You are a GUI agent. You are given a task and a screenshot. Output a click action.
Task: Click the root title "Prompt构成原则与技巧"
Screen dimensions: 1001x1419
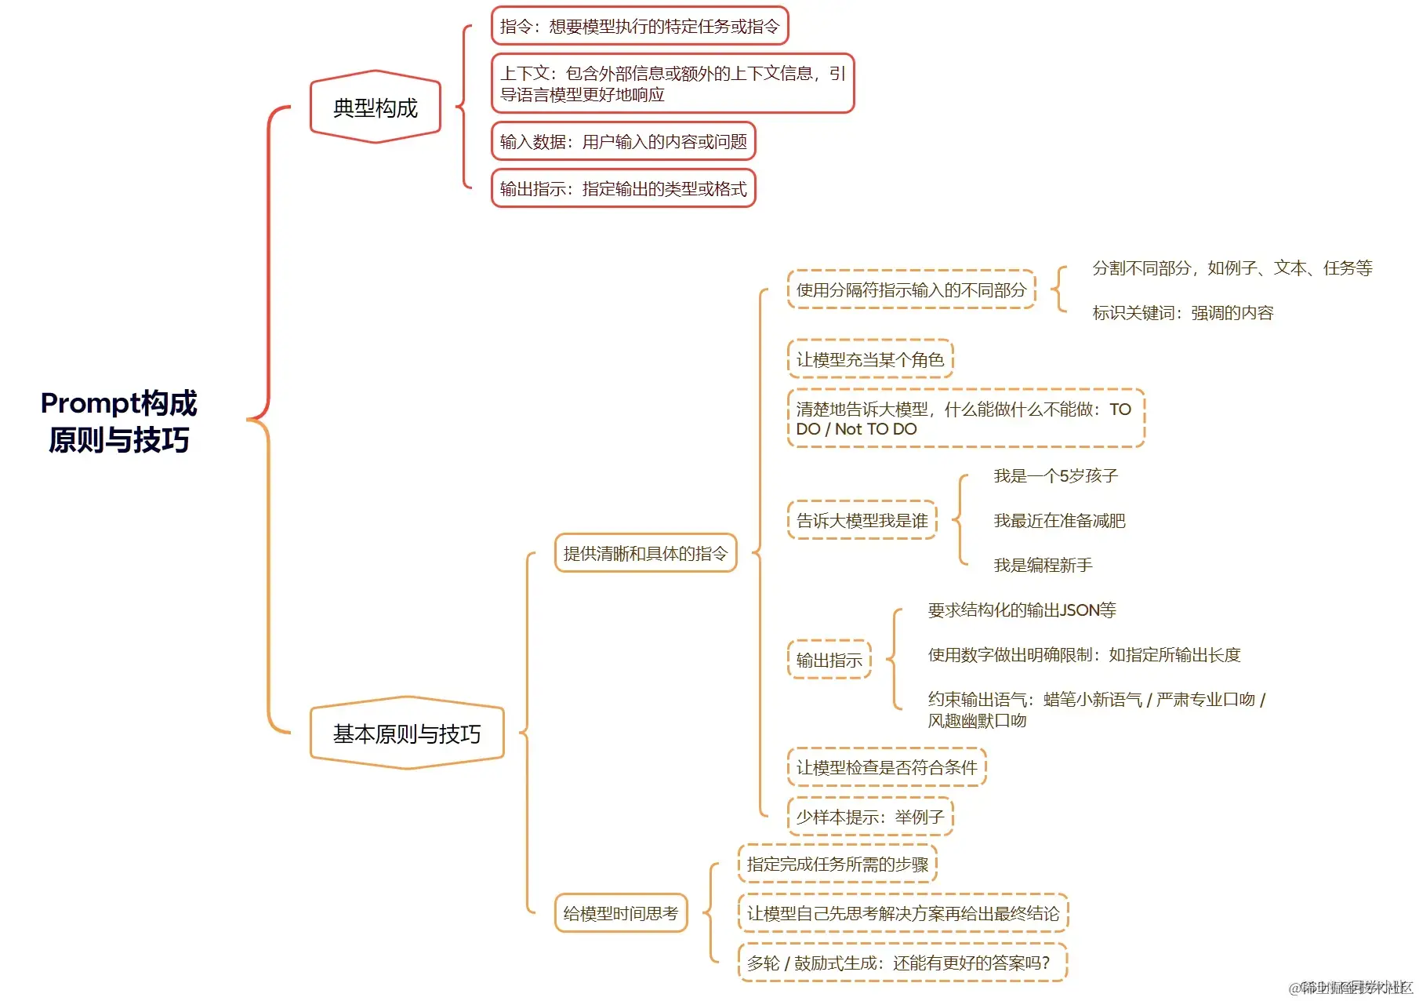click(x=118, y=421)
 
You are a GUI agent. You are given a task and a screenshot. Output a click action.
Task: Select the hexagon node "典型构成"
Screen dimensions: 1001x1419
click(x=376, y=107)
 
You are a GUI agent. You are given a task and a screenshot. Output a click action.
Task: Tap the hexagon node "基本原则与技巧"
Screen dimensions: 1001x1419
click(x=407, y=733)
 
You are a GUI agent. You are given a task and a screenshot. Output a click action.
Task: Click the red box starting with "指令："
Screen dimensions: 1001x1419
click(x=639, y=27)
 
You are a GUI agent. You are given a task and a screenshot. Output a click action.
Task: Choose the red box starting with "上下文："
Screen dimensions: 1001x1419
click(x=672, y=84)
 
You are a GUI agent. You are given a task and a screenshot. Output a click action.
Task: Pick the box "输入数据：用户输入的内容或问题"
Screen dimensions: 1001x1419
click(x=623, y=142)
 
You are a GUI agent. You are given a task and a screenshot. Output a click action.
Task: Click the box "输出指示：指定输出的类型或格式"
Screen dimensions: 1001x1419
click(x=623, y=189)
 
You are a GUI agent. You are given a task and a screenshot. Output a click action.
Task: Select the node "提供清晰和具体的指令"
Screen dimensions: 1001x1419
click(x=645, y=554)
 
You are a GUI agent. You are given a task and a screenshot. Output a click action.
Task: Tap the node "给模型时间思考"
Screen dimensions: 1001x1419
click(x=620, y=913)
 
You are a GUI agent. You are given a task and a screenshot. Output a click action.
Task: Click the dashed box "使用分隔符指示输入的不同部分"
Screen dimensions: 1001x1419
click(x=911, y=290)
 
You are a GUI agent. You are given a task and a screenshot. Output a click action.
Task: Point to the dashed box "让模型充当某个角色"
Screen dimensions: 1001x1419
click(x=869, y=360)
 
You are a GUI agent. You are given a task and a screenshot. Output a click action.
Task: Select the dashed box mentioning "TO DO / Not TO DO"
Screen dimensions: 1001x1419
click(x=965, y=419)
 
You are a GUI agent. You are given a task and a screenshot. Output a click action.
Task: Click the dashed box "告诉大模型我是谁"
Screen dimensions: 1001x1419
click(x=862, y=521)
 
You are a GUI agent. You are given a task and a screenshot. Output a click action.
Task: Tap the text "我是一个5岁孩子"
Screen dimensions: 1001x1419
click(x=1055, y=476)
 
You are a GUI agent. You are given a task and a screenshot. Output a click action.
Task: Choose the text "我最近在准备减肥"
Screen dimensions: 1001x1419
click(x=1059, y=521)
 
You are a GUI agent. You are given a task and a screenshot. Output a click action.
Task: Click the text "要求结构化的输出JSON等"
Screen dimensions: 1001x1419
click(x=1022, y=610)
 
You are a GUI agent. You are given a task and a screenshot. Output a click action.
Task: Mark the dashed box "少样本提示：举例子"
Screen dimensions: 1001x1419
click(x=869, y=817)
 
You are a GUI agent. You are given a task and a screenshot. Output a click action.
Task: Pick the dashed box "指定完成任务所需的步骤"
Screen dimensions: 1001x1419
click(x=837, y=864)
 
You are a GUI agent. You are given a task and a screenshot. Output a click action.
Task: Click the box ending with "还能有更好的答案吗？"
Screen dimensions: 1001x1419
click(x=902, y=963)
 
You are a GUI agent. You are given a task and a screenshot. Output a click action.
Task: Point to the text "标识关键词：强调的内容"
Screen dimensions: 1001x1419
click(x=1182, y=313)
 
